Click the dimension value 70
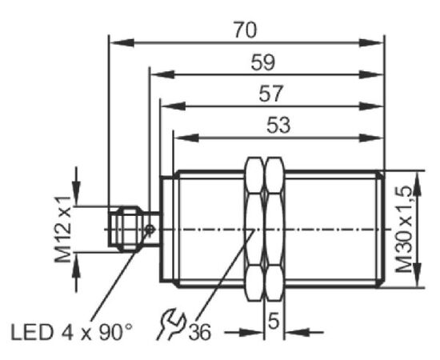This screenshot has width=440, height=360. click(x=246, y=30)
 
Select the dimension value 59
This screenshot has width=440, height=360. click(x=263, y=62)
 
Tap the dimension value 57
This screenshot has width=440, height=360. click(x=270, y=94)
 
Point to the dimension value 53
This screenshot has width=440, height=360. click(x=278, y=125)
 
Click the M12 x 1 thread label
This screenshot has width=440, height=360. click(x=63, y=229)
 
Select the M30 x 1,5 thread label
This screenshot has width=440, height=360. click(x=404, y=230)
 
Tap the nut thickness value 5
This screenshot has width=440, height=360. click(x=274, y=321)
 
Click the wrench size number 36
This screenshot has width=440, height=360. click(x=199, y=332)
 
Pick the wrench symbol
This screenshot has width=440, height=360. click(x=171, y=325)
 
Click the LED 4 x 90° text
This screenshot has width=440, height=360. click(x=71, y=332)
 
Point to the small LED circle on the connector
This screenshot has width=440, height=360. click(x=150, y=230)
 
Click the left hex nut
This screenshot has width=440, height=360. click(x=254, y=229)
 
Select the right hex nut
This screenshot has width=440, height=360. click(x=274, y=229)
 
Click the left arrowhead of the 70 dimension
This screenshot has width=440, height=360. click(x=122, y=43)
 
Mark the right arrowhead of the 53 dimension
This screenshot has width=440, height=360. click(x=371, y=138)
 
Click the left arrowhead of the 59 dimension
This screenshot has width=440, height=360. click(x=162, y=74)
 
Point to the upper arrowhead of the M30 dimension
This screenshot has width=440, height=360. click(x=418, y=184)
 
